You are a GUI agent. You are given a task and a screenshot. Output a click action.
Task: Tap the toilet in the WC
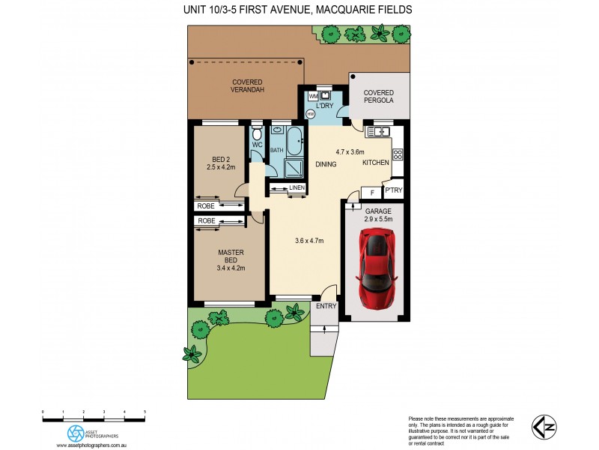(x=257, y=133)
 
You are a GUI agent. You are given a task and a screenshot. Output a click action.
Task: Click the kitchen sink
(x=378, y=132)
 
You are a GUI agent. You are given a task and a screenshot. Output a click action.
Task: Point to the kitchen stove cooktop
(x=398, y=155)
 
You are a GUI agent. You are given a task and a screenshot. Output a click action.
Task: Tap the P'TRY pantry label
(x=393, y=191)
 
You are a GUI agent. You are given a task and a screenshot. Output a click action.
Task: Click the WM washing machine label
(x=312, y=96)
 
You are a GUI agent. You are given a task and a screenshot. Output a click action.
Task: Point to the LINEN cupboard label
(x=297, y=187)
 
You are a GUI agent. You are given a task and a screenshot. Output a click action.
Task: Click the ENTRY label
(x=326, y=306)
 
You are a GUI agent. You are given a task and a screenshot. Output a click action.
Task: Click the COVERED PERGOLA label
(x=379, y=96)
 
